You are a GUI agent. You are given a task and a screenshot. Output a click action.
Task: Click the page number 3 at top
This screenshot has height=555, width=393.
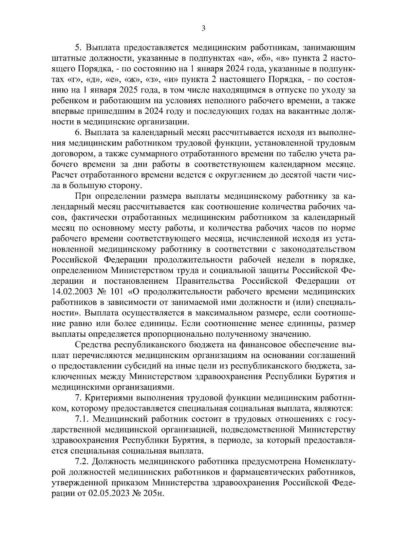point(203,29)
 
